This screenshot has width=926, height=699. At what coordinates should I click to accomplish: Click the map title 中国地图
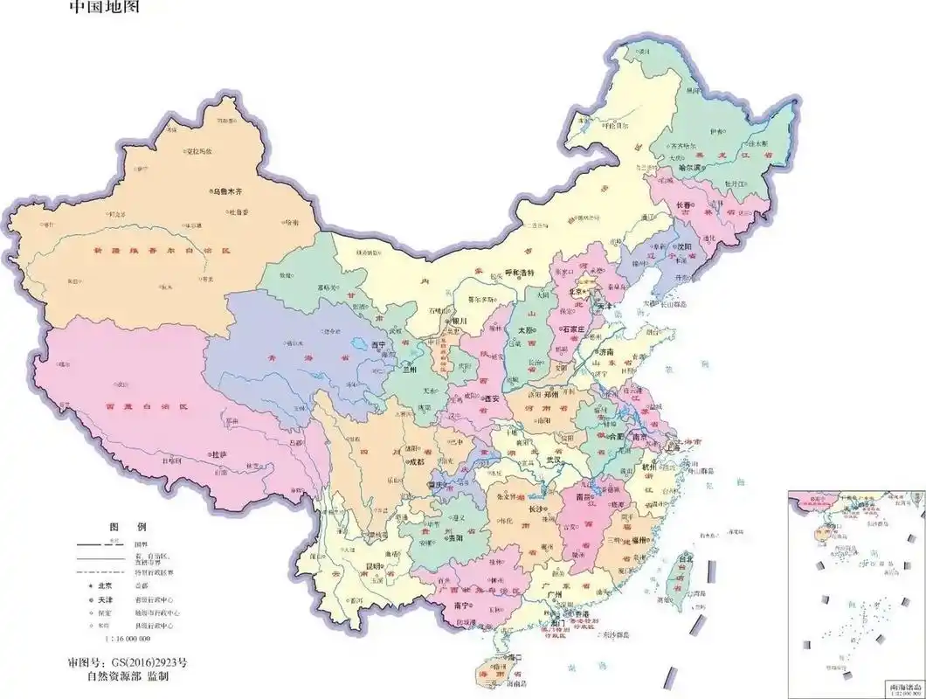click(102, 8)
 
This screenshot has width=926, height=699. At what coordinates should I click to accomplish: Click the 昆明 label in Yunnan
click(374, 566)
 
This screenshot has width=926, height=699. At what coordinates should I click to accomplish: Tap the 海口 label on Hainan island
click(513, 657)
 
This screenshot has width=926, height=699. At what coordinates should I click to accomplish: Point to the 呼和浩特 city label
click(521, 273)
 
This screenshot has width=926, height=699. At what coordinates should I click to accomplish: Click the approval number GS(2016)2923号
click(126, 661)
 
